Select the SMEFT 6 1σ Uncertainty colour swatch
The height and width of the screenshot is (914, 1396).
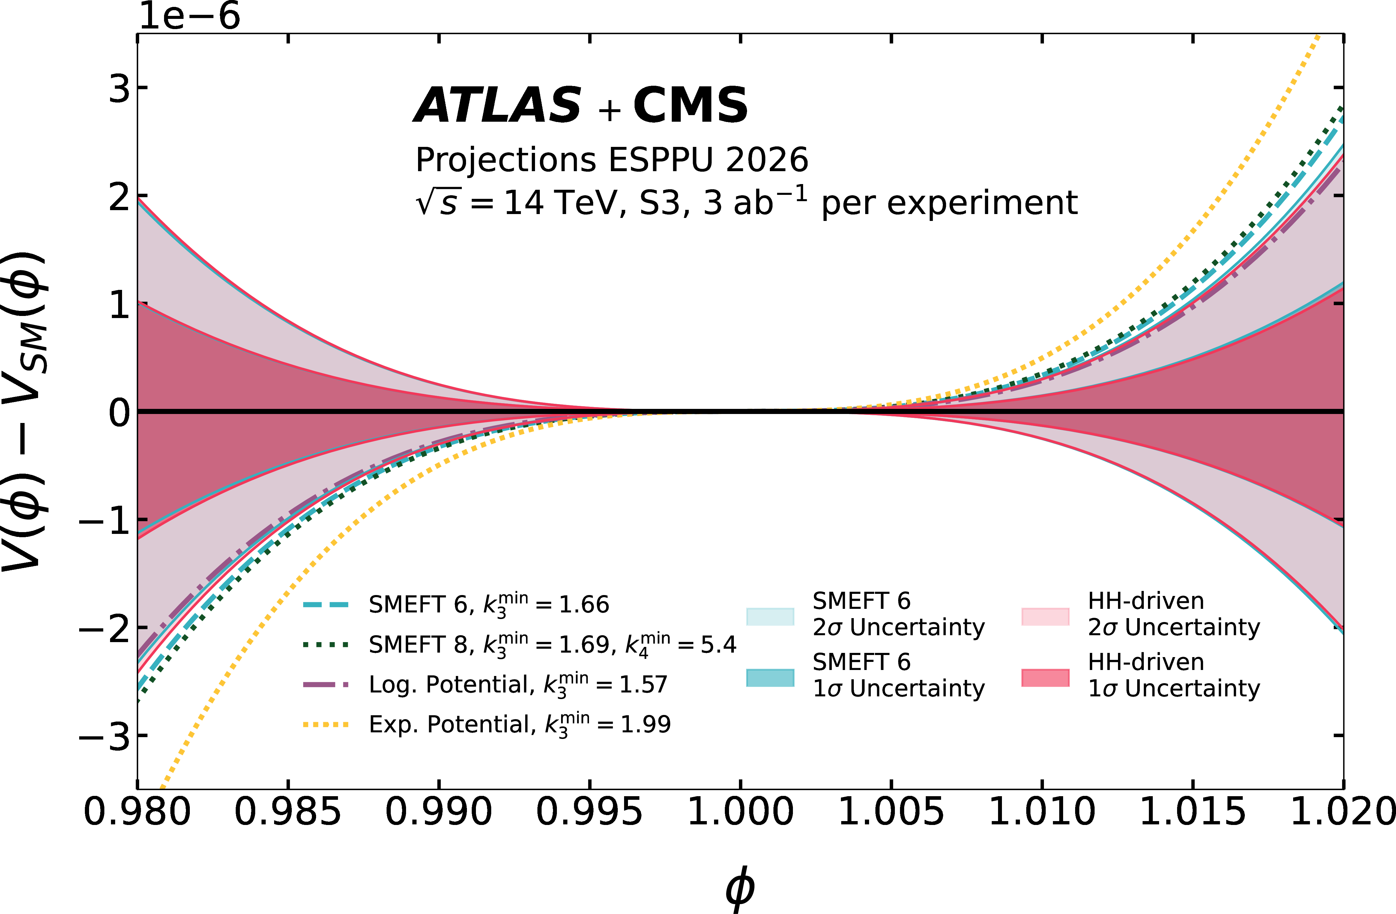pos(770,678)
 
